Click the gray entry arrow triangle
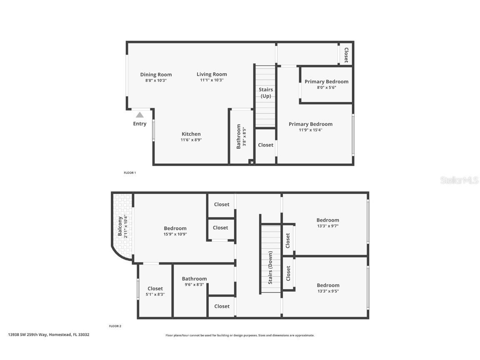(x=140, y=115)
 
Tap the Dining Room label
(x=156, y=75)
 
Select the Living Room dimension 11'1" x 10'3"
(x=212, y=80)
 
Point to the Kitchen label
(x=191, y=134)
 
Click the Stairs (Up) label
(x=266, y=92)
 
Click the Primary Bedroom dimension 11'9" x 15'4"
(x=310, y=130)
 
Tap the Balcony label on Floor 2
(x=120, y=226)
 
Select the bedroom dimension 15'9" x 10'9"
(x=175, y=234)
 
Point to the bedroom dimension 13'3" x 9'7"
(x=327, y=226)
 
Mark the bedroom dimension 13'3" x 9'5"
(x=327, y=291)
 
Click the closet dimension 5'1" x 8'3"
(x=155, y=294)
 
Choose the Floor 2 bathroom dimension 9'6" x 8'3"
(x=194, y=285)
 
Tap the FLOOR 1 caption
(x=130, y=172)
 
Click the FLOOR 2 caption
(x=115, y=326)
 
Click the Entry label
(x=140, y=124)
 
